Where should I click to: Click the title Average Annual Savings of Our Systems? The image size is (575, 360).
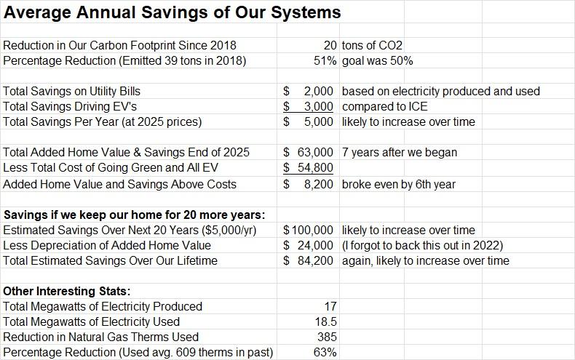pyautogui.click(x=172, y=12)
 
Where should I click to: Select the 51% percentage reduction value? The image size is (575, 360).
pyautogui.click(x=325, y=61)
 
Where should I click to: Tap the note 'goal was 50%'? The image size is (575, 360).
pyautogui.click(x=377, y=61)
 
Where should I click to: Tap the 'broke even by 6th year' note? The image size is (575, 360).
pyautogui.click(x=398, y=184)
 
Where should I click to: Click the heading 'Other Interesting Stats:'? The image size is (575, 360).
pyautogui.click(x=66, y=292)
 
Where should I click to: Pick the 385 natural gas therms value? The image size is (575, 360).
pyautogui.click(x=327, y=337)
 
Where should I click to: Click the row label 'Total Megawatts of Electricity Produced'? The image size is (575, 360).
pyautogui.click(x=103, y=307)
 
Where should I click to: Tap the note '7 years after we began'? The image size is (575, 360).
pyautogui.click(x=399, y=153)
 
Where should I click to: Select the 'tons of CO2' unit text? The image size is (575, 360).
pyautogui.click(x=372, y=46)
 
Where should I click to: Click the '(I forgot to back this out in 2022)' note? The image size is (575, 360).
pyautogui.click(x=422, y=246)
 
